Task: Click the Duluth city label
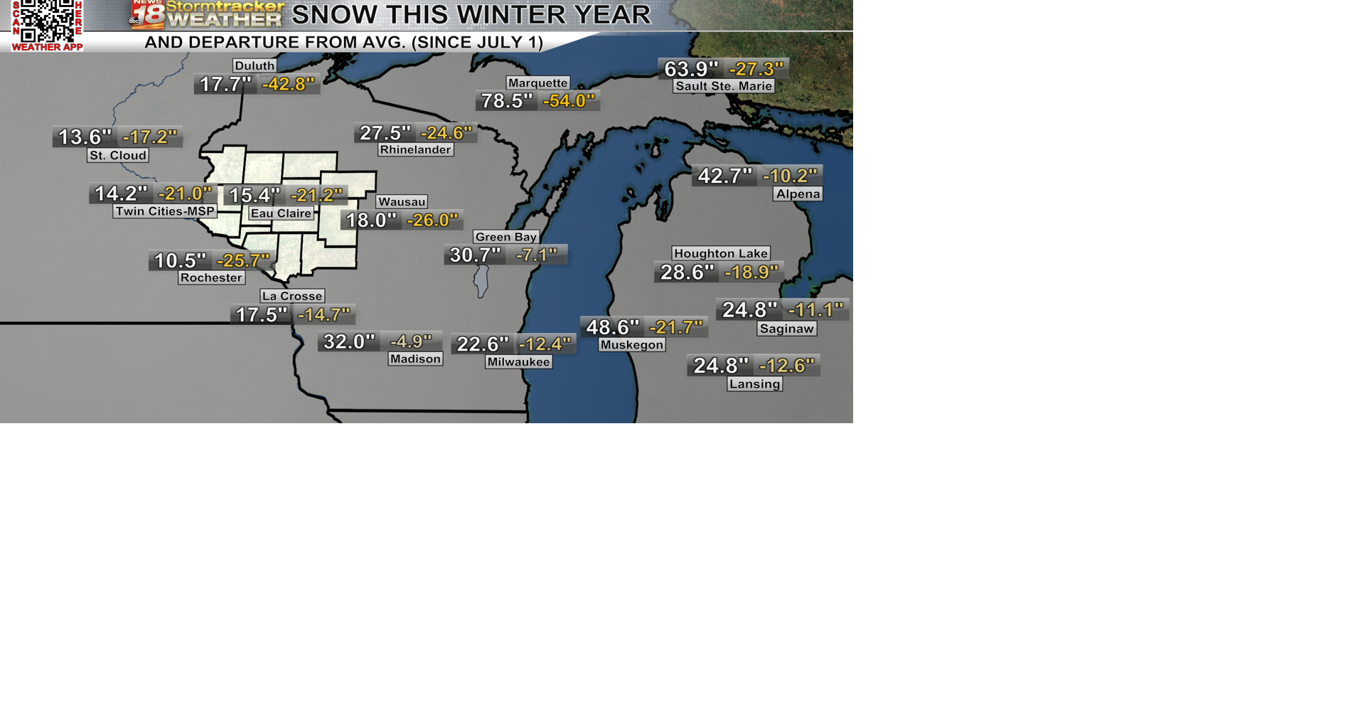click(x=255, y=65)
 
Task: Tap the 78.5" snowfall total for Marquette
click(x=507, y=101)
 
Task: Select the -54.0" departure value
click(x=568, y=101)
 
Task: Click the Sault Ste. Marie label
click(x=724, y=86)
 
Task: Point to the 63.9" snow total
click(x=691, y=69)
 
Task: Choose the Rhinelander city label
click(x=415, y=149)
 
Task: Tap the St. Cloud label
click(x=118, y=155)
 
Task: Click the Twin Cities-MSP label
click(x=165, y=211)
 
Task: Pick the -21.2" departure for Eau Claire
click(x=316, y=195)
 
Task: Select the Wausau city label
click(x=402, y=202)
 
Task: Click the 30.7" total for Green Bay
click(x=476, y=255)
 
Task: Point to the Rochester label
click(x=211, y=277)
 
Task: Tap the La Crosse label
click(x=292, y=296)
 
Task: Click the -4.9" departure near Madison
click(x=411, y=341)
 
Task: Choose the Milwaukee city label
click(x=518, y=362)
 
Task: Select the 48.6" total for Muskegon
click(x=612, y=327)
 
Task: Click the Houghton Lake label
click(x=721, y=253)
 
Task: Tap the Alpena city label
click(x=798, y=194)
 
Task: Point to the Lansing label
click(x=754, y=384)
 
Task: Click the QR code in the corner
click(x=47, y=21)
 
